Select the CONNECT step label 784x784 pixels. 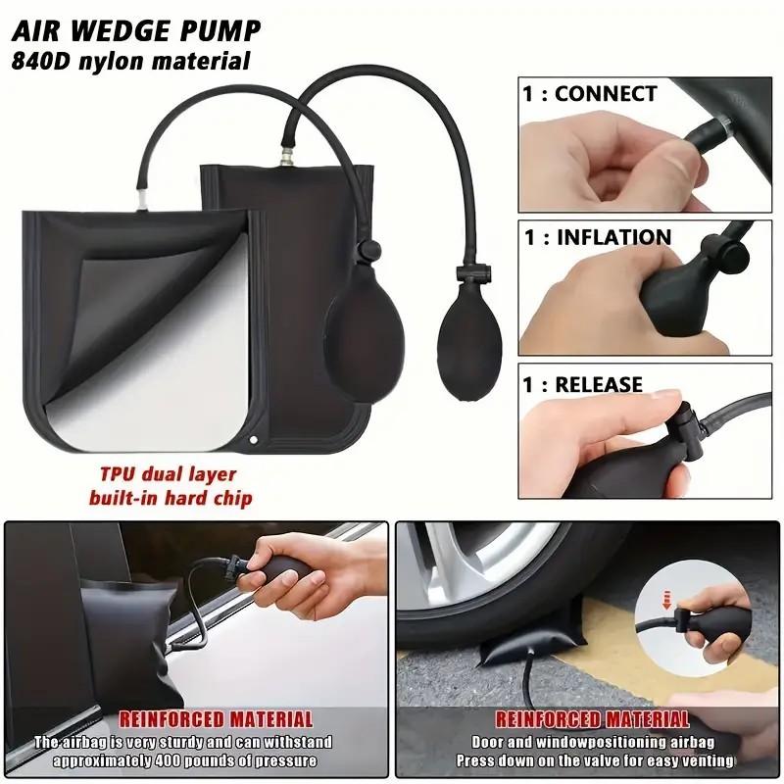coord(606,94)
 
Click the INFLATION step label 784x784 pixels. coord(613,237)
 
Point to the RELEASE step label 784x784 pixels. coord(599,384)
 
